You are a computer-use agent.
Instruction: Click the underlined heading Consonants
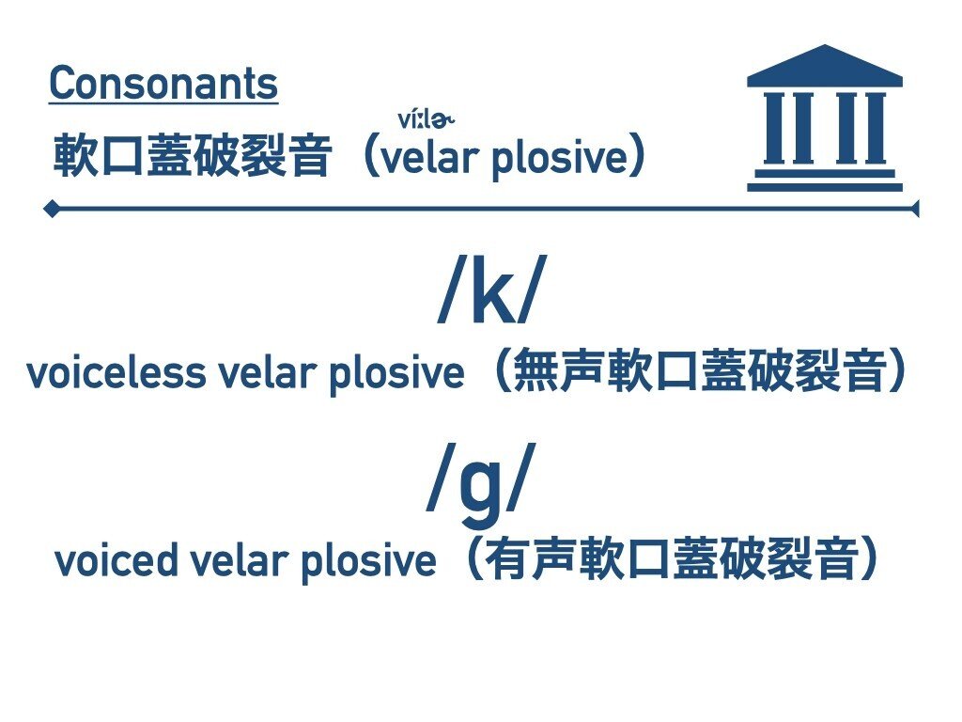point(163,84)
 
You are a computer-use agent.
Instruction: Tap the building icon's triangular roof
point(825,66)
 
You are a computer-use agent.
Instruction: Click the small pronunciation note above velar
point(426,119)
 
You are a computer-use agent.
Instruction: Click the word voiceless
point(116,372)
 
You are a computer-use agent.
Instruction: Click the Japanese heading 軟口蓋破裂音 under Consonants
point(193,155)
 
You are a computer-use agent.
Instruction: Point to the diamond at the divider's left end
point(53,209)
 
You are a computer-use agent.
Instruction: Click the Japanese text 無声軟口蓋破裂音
point(700,370)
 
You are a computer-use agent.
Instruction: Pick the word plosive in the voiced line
point(368,562)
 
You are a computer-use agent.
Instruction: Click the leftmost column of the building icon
point(774,128)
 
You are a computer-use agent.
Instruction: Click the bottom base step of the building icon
point(825,187)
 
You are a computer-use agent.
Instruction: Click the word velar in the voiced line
point(239,560)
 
